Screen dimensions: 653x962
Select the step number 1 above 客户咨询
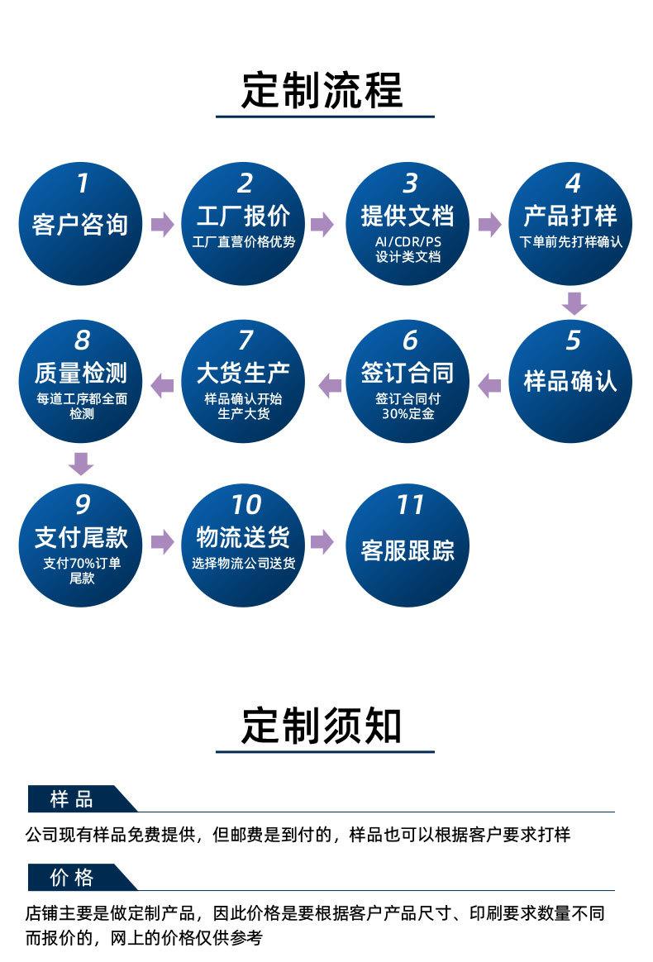pyautogui.click(x=82, y=183)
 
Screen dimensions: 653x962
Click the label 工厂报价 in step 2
pyautogui.click(x=244, y=216)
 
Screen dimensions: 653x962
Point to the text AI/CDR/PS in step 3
pyautogui.click(x=408, y=241)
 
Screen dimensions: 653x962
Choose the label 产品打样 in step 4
pyautogui.click(x=571, y=216)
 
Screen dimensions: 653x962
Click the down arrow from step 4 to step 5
pyautogui.click(x=574, y=303)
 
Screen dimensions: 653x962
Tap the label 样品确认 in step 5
pyautogui.click(x=571, y=381)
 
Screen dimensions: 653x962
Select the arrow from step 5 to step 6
pyautogui.click(x=489, y=385)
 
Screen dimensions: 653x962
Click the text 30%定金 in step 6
pyautogui.click(x=408, y=413)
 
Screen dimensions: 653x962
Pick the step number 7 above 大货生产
pyautogui.click(x=245, y=340)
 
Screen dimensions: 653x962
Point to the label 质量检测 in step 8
pyautogui.click(x=81, y=373)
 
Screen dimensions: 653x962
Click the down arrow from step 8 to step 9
pyautogui.click(x=81, y=464)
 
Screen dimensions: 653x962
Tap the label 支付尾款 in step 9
pyautogui.click(x=81, y=537)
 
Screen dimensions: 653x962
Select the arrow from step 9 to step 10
pyautogui.click(x=163, y=542)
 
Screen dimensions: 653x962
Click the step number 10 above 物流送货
pyautogui.click(x=245, y=505)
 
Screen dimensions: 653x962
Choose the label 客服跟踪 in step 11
pyautogui.click(x=408, y=550)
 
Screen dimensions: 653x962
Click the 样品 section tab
pyautogui.click(x=73, y=799)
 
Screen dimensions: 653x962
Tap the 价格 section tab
pyautogui.click(x=73, y=878)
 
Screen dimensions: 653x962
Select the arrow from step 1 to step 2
pyautogui.click(x=163, y=225)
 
